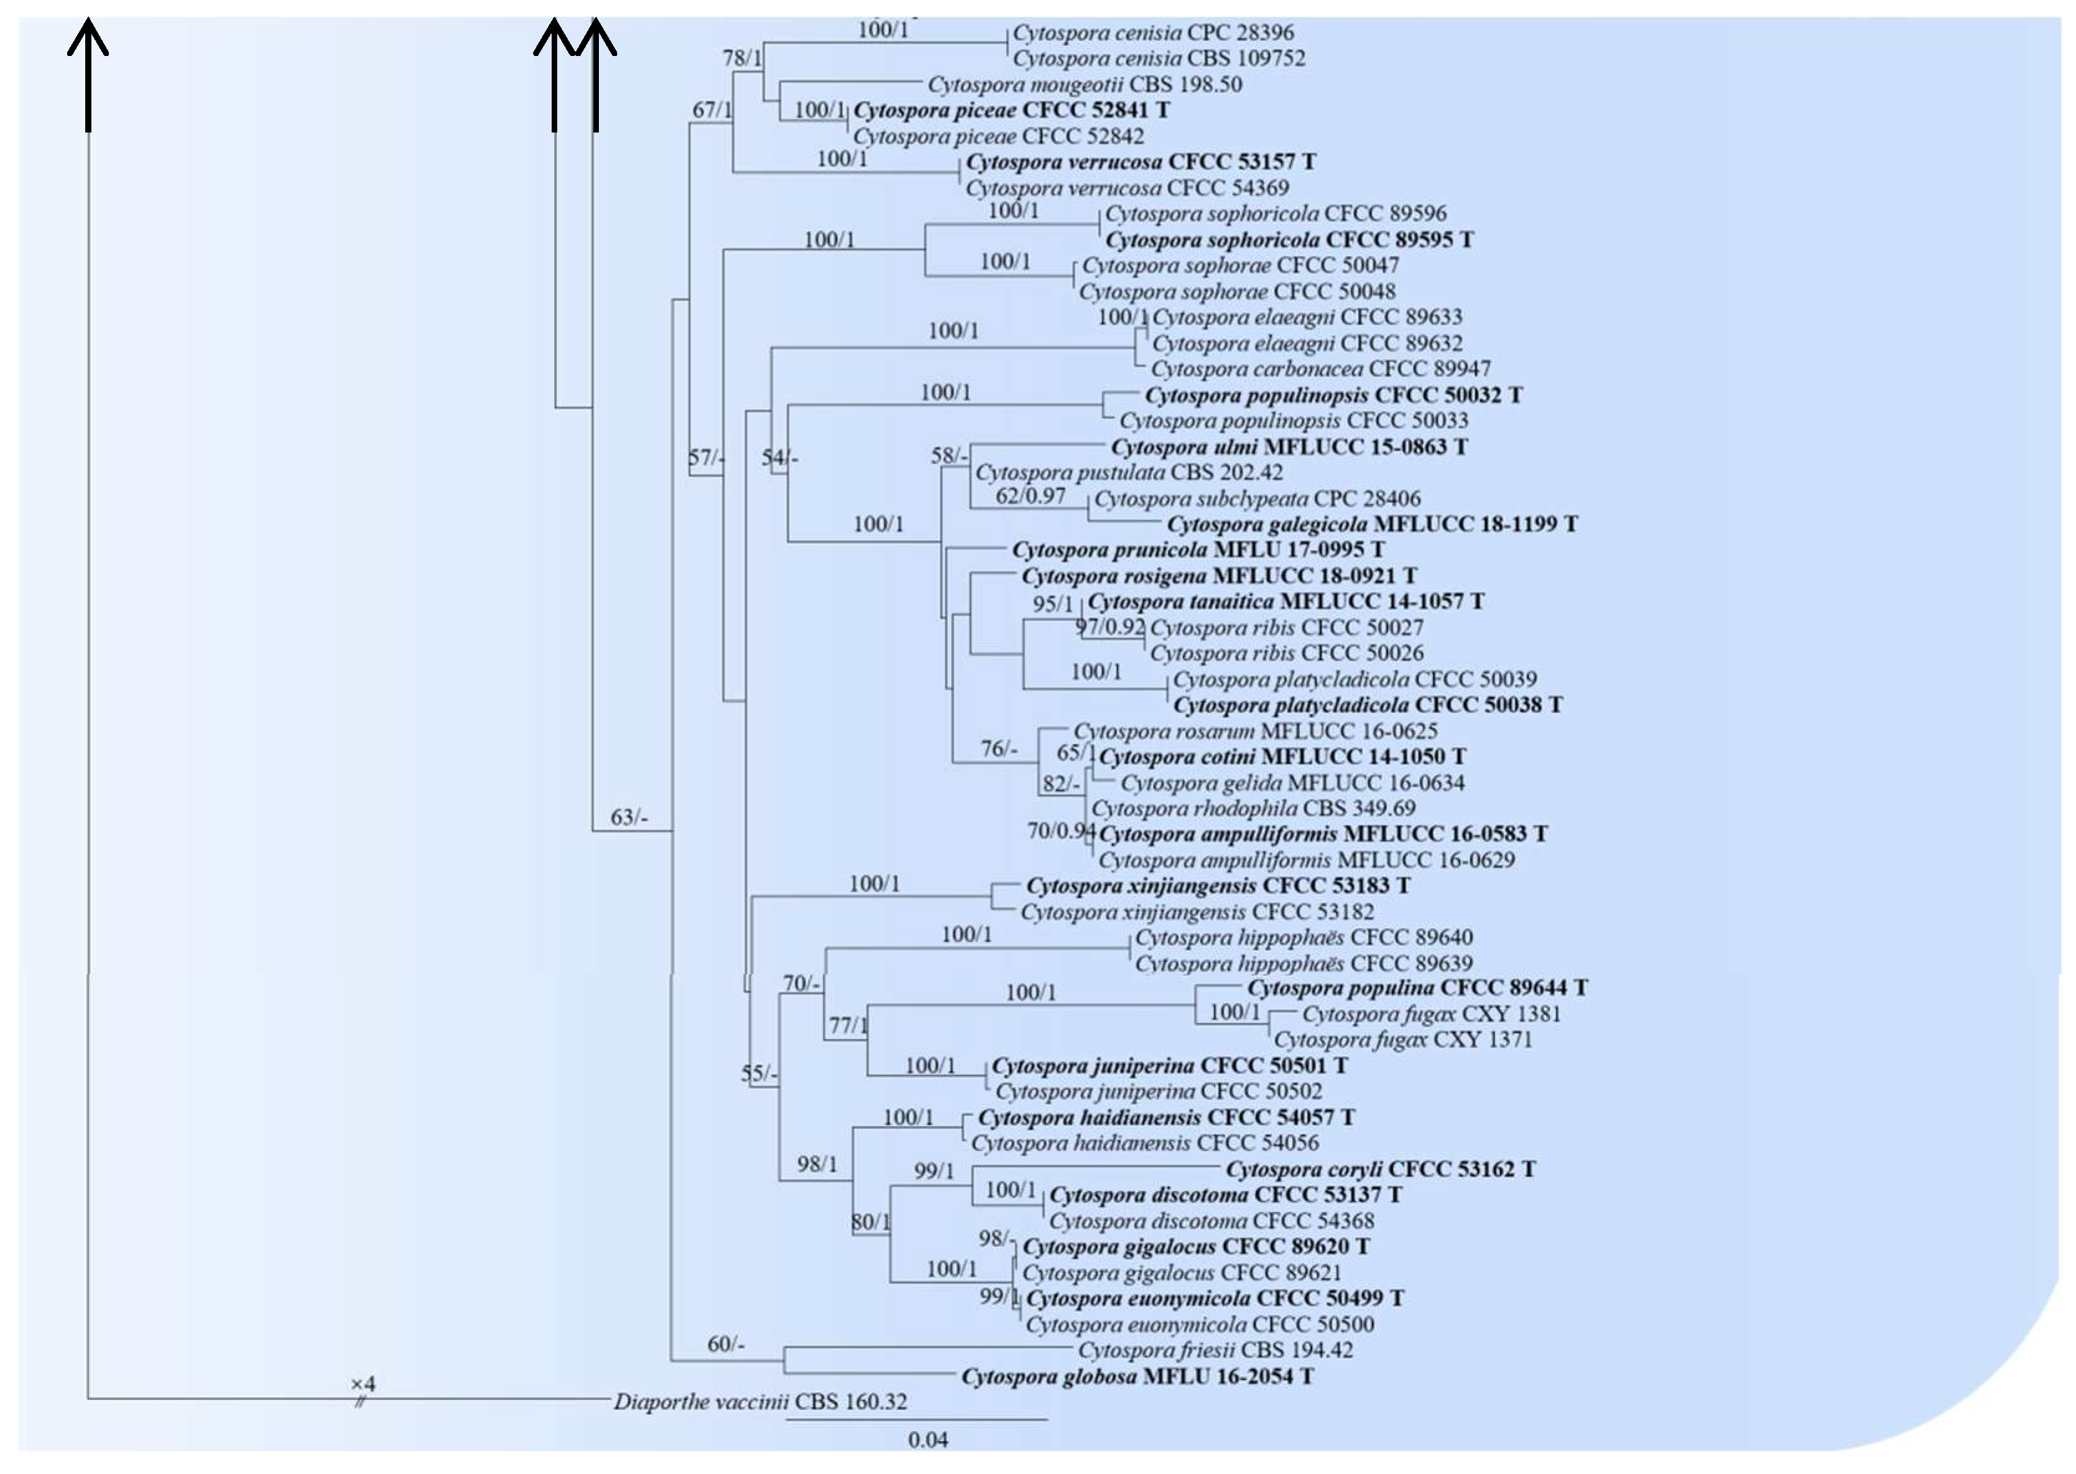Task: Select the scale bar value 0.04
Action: click(x=927, y=1440)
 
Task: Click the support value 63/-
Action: click(x=629, y=817)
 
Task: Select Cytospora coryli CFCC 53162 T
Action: click(x=1380, y=1169)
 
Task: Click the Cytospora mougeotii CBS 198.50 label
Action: click(x=1084, y=85)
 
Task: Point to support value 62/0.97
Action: click(x=1030, y=495)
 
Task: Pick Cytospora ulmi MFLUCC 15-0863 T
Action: click(x=1289, y=447)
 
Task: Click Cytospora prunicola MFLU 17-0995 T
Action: click(x=1198, y=550)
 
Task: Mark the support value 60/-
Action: click(x=726, y=1343)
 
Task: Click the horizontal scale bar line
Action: click(x=917, y=1419)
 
